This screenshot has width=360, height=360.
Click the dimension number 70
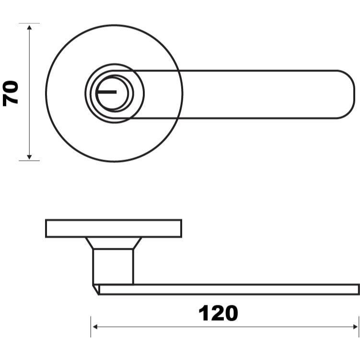click(x=11, y=93)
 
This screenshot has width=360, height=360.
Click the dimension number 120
click(x=218, y=313)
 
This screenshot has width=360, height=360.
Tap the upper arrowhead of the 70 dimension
click(x=29, y=27)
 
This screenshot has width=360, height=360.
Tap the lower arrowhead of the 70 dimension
click(x=29, y=157)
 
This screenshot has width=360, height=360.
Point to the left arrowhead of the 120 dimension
click(x=95, y=327)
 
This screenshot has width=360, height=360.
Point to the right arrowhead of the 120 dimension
click(x=355, y=327)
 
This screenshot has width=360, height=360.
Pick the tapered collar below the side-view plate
click(x=114, y=243)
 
